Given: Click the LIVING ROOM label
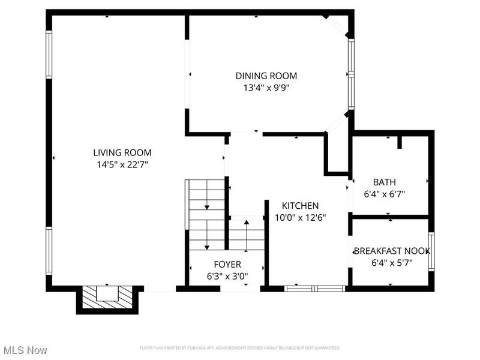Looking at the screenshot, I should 122,152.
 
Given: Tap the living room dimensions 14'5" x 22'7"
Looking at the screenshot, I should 122,163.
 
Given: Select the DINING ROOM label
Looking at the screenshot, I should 266,76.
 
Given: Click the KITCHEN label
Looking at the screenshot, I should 296,206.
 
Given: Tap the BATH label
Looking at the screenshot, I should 384,182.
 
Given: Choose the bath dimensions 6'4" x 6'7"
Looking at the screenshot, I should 385,194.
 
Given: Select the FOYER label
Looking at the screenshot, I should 227,265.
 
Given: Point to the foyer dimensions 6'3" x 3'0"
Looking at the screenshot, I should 227,276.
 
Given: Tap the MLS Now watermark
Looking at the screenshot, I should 25,349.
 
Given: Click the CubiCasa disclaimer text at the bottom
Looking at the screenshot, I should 240,348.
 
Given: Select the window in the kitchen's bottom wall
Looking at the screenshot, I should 315,289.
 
